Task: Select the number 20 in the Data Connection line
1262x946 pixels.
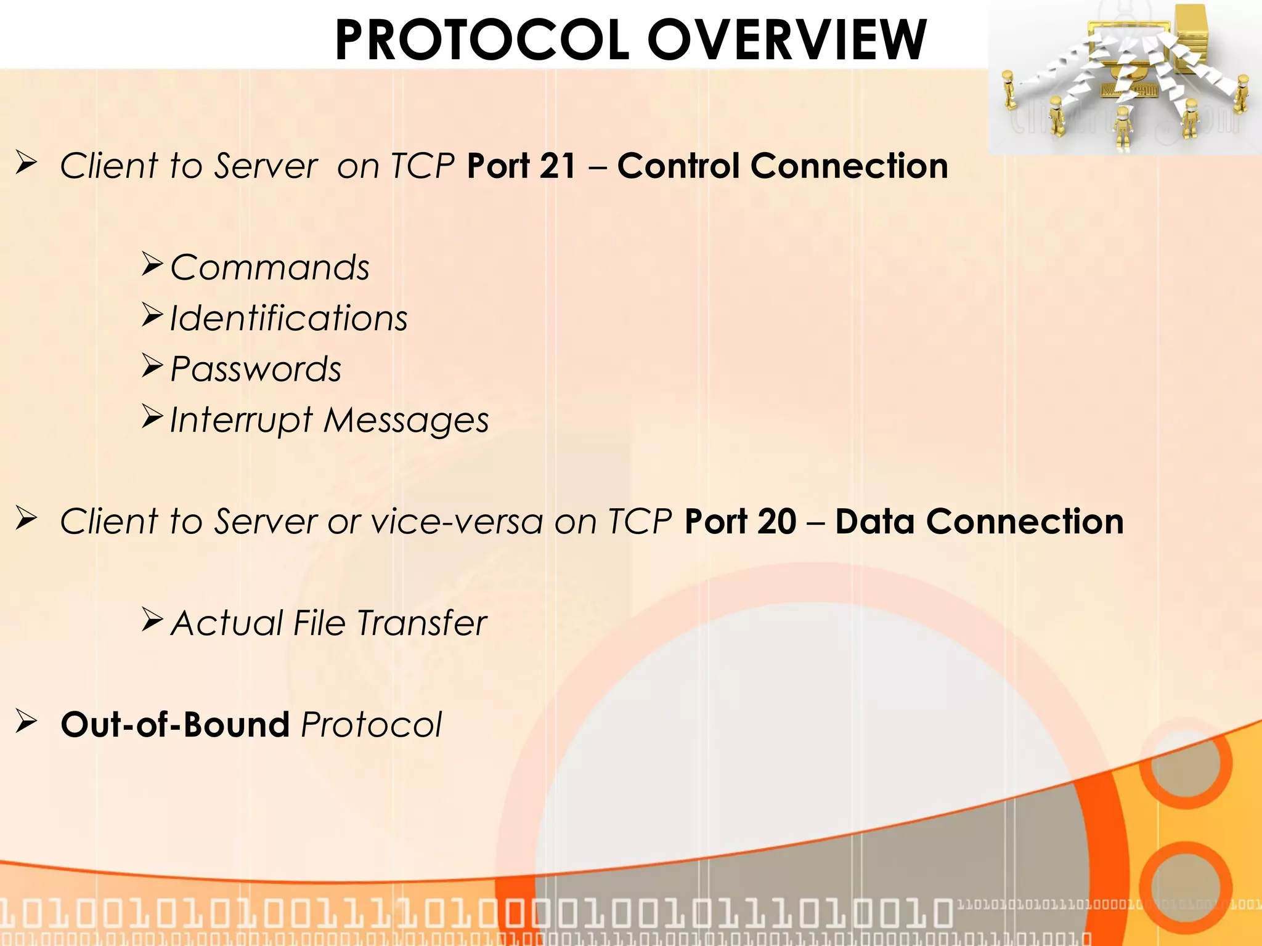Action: [x=777, y=522]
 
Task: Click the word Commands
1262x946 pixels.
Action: [x=270, y=268]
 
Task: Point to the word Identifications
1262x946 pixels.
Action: [x=288, y=319]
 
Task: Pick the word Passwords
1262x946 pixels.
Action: [x=256, y=370]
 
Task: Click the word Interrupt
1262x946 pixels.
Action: [x=241, y=421]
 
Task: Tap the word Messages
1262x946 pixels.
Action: [x=406, y=421]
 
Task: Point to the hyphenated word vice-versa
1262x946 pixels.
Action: [x=457, y=522]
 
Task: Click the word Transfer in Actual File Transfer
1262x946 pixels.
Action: [x=422, y=623]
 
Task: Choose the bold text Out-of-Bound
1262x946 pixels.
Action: [x=175, y=725]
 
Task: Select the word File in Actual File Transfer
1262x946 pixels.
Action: [x=319, y=623]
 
